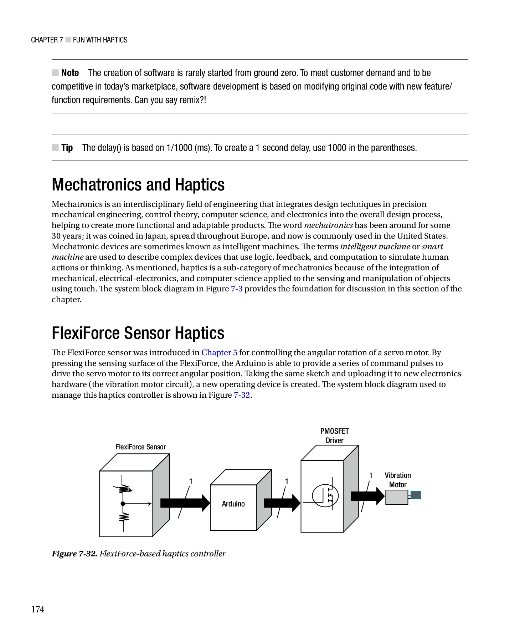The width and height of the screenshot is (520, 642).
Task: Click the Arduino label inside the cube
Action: tap(233, 504)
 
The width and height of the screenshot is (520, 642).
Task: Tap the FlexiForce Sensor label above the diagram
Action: tap(140, 447)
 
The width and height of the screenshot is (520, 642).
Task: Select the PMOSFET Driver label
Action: tap(334, 435)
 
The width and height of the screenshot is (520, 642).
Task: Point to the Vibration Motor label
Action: tap(398, 480)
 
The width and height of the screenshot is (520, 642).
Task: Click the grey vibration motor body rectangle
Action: tap(397, 497)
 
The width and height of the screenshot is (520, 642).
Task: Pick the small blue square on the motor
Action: tap(416, 495)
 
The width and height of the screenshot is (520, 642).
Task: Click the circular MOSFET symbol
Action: tap(325, 495)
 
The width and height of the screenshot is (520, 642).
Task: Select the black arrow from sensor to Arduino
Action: tap(185, 503)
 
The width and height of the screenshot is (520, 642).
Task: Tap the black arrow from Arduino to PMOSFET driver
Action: tap(282, 503)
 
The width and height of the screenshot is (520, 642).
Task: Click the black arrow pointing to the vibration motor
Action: tap(368, 496)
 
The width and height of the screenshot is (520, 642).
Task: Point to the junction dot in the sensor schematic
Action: tap(123, 504)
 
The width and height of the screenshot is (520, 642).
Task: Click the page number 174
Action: tap(38, 609)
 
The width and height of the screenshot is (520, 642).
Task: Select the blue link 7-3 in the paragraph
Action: tap(237, 289)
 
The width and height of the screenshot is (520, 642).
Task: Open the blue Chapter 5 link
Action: tap(219, 352)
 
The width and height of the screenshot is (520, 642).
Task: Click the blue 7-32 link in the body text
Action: tap(242, 395)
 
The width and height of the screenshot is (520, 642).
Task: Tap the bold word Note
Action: tap(70, 73)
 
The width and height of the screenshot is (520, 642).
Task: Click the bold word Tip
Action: tap(67, 148)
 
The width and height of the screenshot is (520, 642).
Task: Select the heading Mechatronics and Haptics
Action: tap(138, 185)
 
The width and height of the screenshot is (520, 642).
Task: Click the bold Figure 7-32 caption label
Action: tap(74, 554)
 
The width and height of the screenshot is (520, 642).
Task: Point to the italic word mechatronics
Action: tap(328, 225)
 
